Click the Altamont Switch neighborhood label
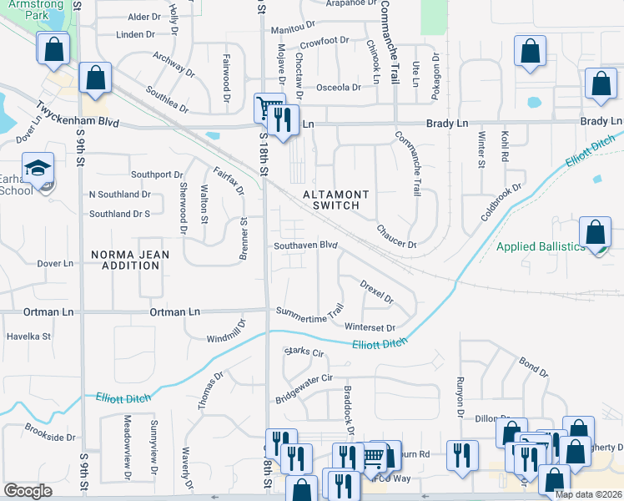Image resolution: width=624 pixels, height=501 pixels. tap(331, 200)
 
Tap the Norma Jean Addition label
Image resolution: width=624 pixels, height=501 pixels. tap(124, 259)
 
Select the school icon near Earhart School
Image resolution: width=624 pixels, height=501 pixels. tap(38, 170)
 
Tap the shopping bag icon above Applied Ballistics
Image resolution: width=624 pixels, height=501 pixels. tap(596, 233)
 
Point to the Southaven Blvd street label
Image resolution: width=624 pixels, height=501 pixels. tap(305, 245)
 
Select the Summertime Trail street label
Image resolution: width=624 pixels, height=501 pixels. tap(310, 311)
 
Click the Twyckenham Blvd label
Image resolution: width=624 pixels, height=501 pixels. tap(77, 114)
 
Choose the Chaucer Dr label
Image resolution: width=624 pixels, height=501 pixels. tap(395, 236)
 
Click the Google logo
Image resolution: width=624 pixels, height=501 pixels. tap(28, 491)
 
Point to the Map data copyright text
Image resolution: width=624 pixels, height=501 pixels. tap(588, 494)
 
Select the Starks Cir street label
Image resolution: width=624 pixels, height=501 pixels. tap(303, 352)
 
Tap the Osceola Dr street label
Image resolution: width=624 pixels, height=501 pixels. tap(338, 87)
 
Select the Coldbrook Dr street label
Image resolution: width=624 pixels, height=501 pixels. tap(501, 201)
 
